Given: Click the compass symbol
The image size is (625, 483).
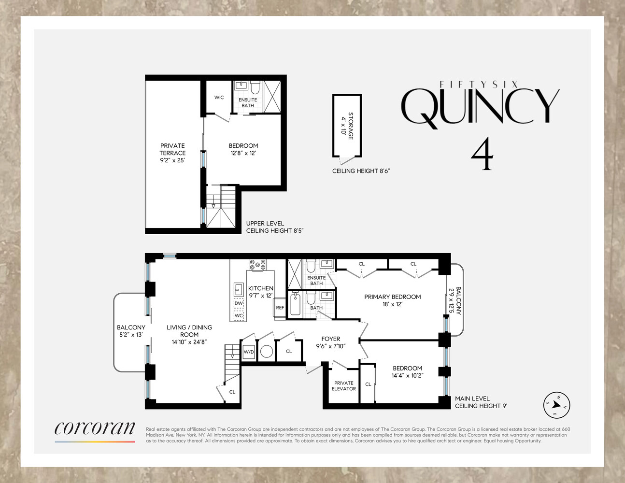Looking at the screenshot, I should click(556, 405).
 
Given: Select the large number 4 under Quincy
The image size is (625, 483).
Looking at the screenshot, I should click(482, 155).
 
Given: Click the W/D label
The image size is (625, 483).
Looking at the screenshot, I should click(249, 352).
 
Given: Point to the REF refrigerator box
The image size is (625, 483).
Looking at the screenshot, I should click(280, 308).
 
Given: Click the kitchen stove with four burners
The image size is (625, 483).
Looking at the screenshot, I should click(257, 265).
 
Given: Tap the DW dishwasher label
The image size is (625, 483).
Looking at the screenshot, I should click(239, 303).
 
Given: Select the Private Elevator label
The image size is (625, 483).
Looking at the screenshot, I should click(344, 386).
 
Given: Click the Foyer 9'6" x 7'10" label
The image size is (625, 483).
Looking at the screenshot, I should click(331, 342).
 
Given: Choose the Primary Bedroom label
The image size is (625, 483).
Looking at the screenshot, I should click(392, 300).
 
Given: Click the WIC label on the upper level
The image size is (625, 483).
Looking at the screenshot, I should click(219, 98).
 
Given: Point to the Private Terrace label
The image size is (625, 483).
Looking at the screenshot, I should click(172, 153).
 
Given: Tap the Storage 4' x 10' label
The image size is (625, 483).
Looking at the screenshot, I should click(347, 126).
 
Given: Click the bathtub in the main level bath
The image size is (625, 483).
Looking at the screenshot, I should click(295, 304).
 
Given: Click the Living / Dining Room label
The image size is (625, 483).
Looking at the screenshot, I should click(189, 334).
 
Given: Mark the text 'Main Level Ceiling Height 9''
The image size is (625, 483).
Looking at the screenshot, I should click(481, 402).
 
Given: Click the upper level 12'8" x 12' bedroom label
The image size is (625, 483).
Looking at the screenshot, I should click(243, 149).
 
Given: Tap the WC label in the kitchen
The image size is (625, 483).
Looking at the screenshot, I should click(239, 315).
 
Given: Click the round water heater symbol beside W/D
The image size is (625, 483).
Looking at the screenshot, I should click(267, 351).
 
